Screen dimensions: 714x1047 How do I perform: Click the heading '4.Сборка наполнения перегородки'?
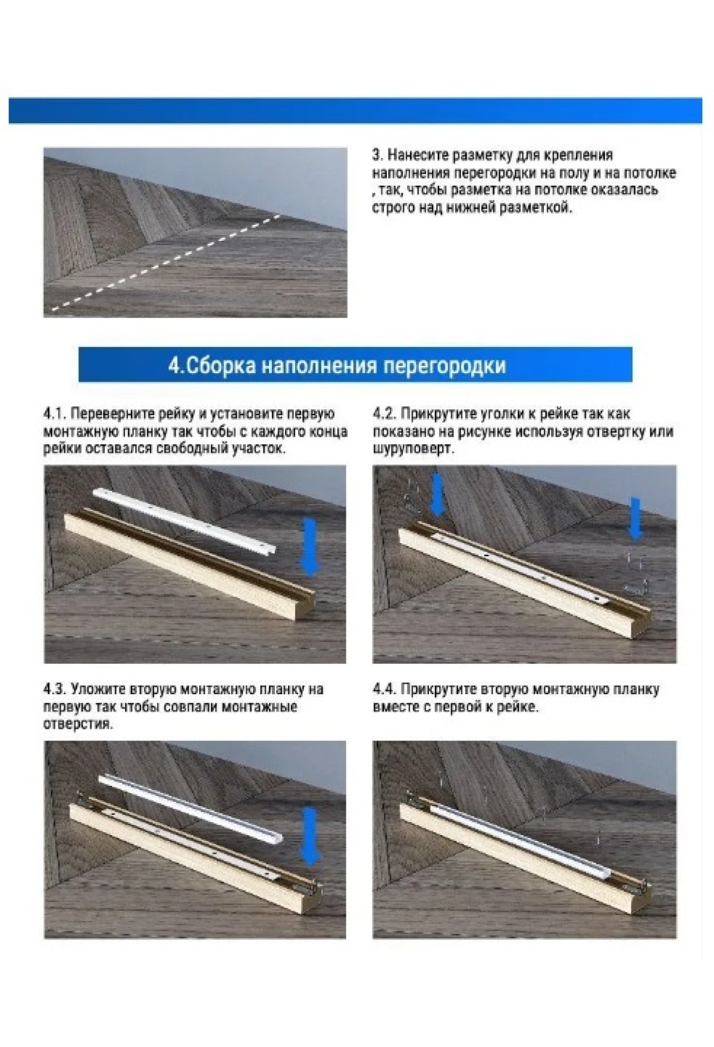coord(337,365)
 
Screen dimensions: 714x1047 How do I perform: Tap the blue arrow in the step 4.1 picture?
coord(310,546)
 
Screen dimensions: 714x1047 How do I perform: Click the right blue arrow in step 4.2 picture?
coord(636,519)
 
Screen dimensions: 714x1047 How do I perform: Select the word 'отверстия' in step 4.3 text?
coord(77,725)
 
